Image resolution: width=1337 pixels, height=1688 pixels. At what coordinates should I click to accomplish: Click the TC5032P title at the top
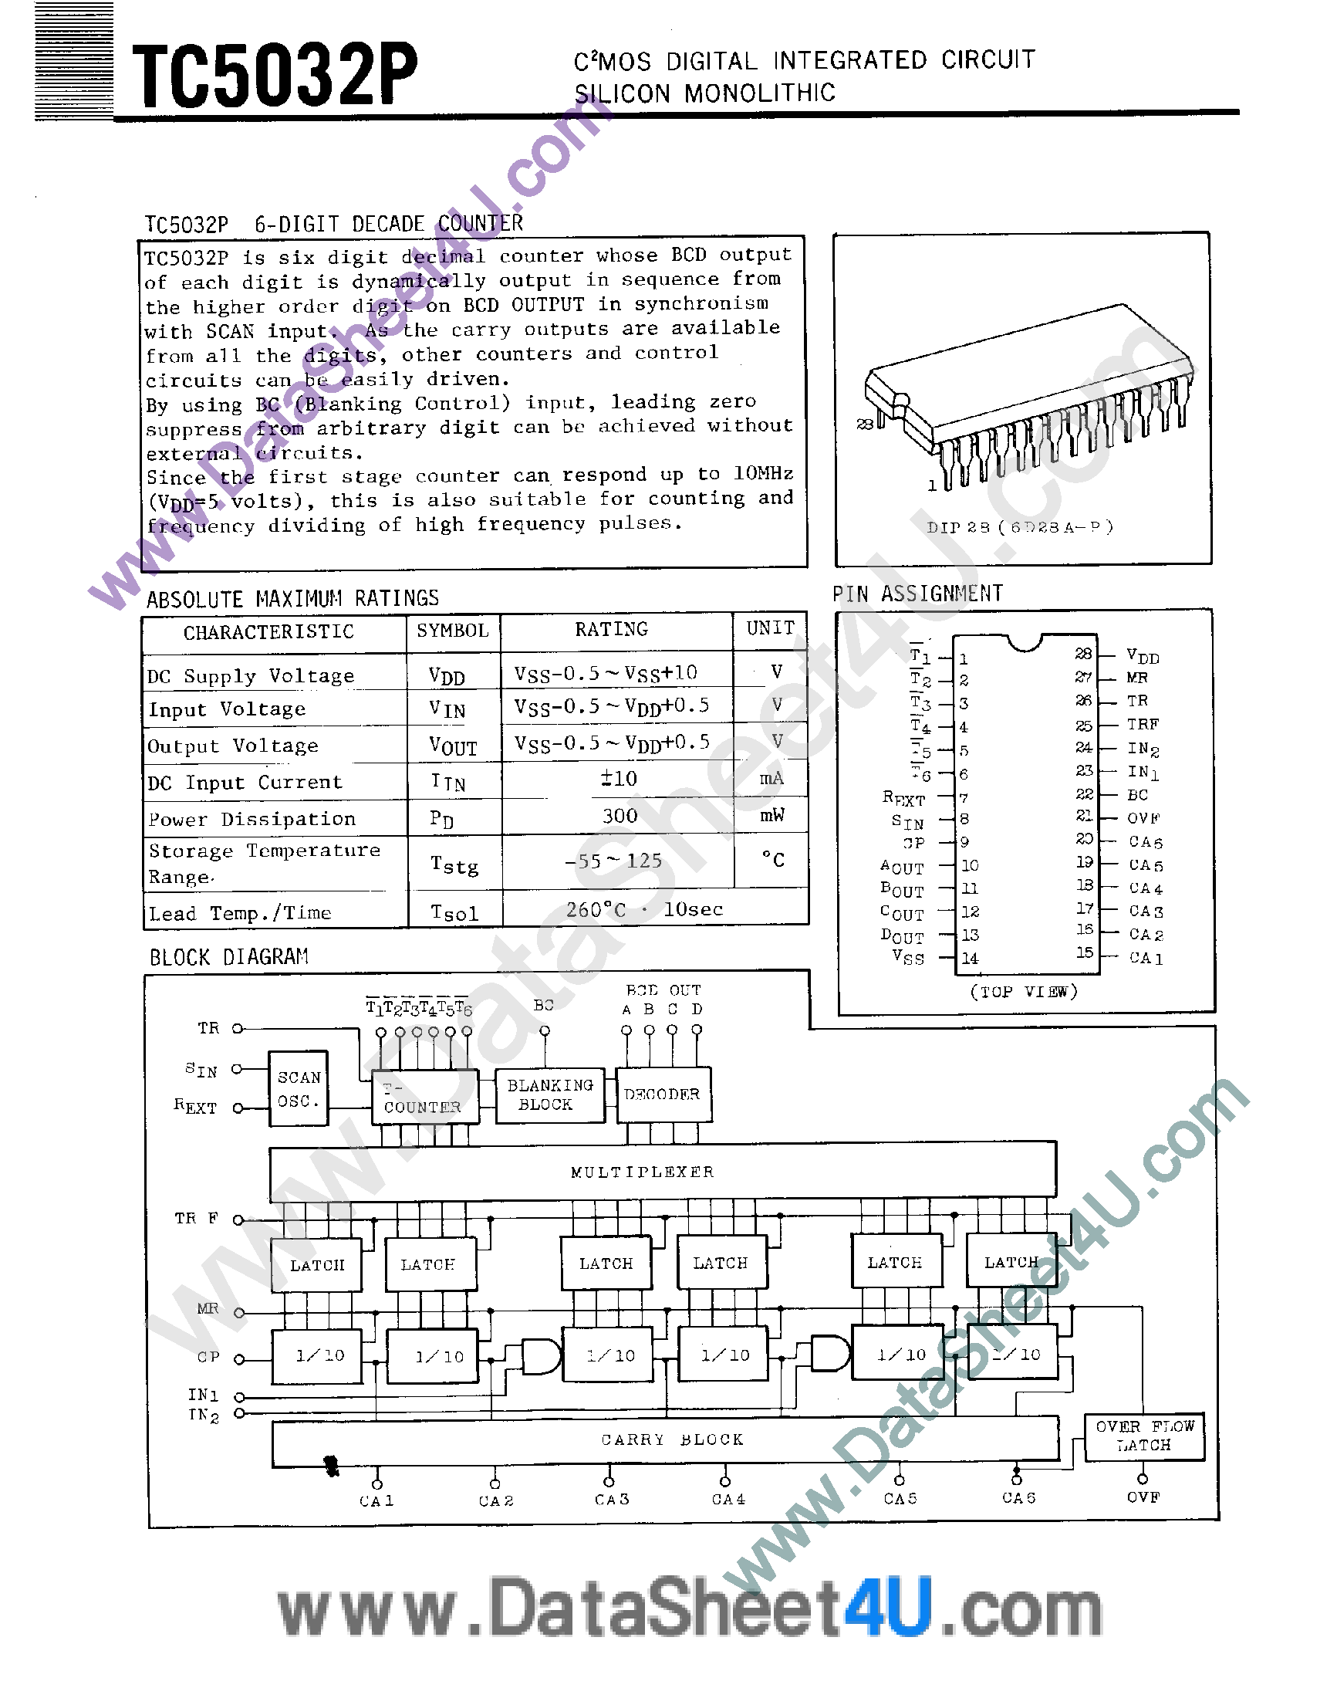(275, 75)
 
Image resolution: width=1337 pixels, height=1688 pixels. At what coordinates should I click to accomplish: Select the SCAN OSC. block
(299, 1088)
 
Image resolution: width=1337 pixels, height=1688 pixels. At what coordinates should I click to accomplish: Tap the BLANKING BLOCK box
(550, 1094)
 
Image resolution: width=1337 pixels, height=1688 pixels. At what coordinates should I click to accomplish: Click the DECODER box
(662, 1094)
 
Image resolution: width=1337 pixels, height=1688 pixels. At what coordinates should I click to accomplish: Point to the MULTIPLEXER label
(642, 1172)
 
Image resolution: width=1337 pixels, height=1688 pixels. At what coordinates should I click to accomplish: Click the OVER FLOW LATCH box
(1143, 1436)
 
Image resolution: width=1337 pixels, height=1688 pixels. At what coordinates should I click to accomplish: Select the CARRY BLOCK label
(672, 1439)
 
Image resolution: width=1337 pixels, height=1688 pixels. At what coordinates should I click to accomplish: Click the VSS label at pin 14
(908, 957)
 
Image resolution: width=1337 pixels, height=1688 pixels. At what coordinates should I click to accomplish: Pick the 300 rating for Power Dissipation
(620, 816)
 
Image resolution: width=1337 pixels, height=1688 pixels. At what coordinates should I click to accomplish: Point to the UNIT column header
(770, 628)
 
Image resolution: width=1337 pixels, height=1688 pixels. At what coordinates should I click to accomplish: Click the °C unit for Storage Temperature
(772, 860)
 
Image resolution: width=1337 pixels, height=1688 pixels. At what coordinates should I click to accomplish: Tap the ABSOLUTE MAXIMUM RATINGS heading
(292, 599)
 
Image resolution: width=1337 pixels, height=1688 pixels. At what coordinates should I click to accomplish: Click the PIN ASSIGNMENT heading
(917, 594)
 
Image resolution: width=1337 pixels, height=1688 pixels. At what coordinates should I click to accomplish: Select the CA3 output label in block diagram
(612, 1500)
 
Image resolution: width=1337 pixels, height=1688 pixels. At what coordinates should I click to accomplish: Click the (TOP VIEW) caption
(1024, 992)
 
